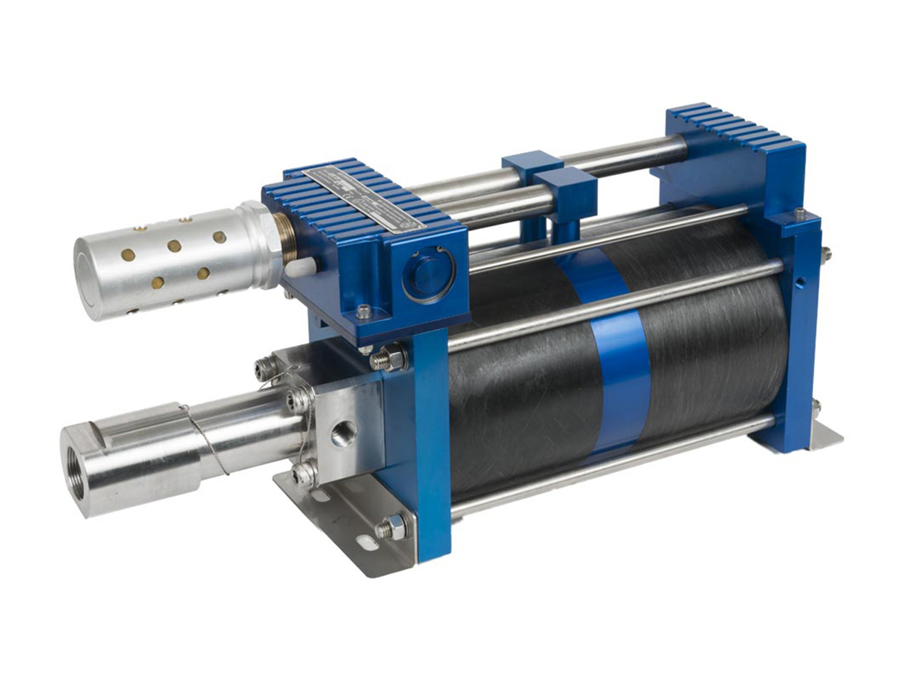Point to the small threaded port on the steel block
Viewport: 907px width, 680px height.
344,432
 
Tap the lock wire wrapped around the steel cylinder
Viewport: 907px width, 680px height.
205,439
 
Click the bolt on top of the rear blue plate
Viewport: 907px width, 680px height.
800,213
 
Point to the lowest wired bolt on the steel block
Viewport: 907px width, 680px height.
303,474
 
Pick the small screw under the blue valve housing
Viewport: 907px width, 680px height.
364,310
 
